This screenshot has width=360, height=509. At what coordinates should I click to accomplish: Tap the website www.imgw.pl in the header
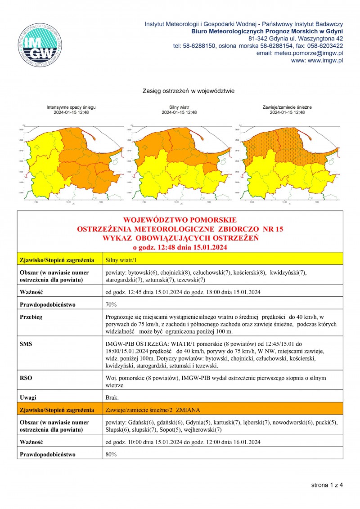317,60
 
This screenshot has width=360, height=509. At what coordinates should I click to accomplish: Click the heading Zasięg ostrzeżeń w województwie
189,91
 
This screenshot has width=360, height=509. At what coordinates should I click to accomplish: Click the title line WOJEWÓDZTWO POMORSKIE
180,220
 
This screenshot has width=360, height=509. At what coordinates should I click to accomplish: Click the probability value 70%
111,304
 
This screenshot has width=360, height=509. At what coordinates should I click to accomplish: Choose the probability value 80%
111,455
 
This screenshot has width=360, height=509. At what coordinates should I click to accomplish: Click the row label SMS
26,344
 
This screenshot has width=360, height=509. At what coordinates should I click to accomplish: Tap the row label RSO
26,378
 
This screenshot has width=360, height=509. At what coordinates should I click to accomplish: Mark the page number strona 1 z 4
327,485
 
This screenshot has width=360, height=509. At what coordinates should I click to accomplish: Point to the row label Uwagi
28,397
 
